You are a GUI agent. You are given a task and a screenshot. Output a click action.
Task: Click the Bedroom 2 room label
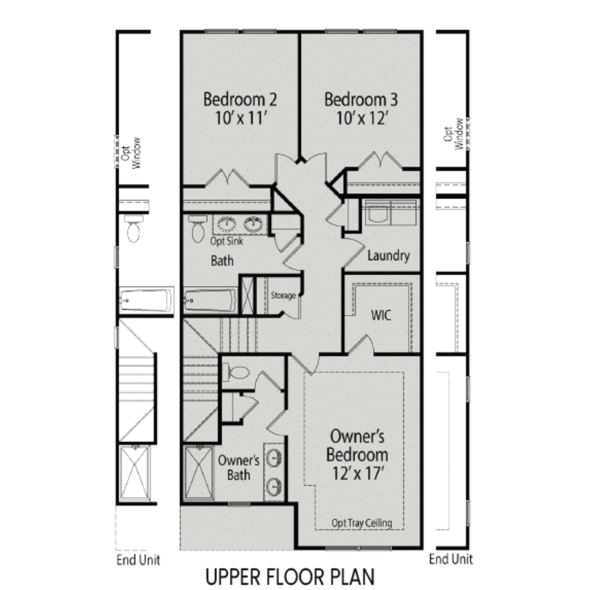(240, 100)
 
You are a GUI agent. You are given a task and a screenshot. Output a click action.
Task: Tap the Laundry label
(388, 256)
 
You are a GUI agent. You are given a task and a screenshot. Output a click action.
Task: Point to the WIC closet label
(381, 315)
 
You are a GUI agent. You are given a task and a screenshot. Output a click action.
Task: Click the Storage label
(283, 295)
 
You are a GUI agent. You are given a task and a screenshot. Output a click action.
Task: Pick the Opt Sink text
(226, 241)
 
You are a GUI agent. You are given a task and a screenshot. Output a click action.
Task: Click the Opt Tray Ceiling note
(361, 523)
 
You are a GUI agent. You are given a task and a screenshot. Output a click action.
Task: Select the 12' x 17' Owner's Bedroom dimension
(358, 474)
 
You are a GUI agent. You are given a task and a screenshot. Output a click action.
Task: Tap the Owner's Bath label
(238, 468)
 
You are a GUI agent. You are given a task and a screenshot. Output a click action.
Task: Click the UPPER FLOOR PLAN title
(290, 577)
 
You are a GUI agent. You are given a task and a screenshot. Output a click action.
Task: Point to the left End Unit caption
(138, 560)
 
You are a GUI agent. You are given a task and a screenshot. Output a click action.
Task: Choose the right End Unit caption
(451, 559)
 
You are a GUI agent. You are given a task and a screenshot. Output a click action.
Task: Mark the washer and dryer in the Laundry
(390, 212)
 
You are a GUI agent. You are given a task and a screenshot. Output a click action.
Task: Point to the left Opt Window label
(131, 153)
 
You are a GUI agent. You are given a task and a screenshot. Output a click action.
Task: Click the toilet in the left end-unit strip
(134, 229)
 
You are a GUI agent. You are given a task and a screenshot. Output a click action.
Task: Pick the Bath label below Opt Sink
(222, 261)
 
